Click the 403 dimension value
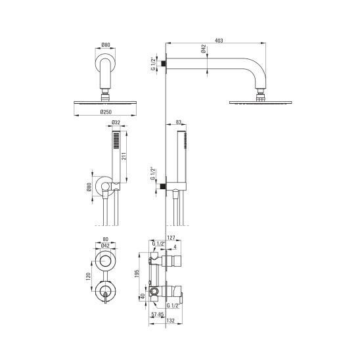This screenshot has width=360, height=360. [x=219, y=41]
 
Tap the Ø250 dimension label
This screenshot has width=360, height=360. [x=106, y=112]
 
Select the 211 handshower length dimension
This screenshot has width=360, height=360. [x=124, y=156]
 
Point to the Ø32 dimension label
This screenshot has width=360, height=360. [x=116, y=123]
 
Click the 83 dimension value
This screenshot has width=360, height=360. [x=179, y=122]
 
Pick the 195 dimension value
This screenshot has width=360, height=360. [x=137, y=274]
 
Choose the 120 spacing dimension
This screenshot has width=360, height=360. [x=88, y=277]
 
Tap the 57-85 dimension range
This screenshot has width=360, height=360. [x=158, y=315]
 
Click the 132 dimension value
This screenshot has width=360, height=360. [x=170, y=321]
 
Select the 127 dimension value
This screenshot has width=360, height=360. [x=171, y=238]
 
